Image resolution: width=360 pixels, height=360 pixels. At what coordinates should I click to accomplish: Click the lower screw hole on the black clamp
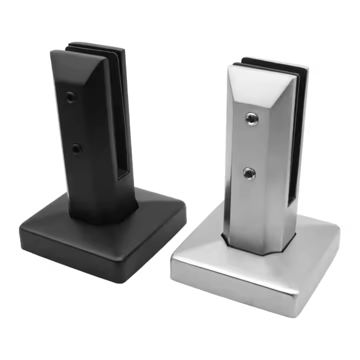(x=76, y=148)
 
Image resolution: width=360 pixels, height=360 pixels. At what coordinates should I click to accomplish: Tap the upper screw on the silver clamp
(x=249, y=118)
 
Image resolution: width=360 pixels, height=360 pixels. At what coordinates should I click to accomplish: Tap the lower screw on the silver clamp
(x=249, y=173)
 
